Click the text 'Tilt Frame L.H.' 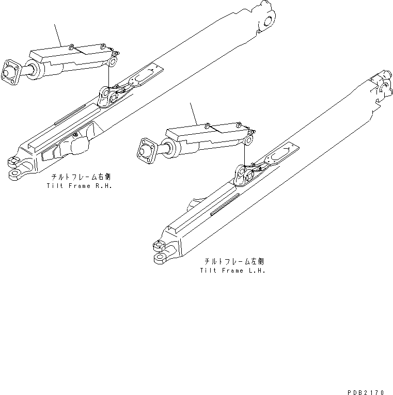[232, 270]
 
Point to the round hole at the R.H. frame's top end [268, 21]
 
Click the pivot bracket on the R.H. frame [105, 96]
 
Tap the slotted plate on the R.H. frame [143, 75]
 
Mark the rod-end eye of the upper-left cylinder [113, 62]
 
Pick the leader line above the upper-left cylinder [59, 36]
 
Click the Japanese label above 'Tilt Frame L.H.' [233, 261]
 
